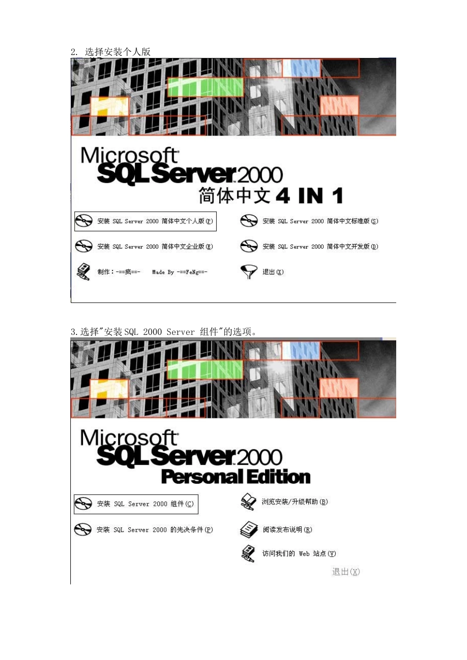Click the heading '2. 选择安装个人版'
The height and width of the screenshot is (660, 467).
pyautogui.click(x=111, y=52)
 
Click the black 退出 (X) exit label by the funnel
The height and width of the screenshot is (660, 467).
pyautogui.click(x=273, y=272)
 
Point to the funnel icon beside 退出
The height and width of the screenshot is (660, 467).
pyautogui.click(x=249, y=272)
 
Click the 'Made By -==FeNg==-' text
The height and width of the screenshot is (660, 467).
pyautogui.click(x=179, y=272)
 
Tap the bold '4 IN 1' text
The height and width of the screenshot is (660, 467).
pyautogui.click(x=309, y=195)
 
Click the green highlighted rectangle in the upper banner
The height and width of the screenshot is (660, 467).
pyautogui.click(x=205, y=87)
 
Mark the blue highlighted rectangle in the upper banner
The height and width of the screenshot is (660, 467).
pyautogui.click(x=301, y=68)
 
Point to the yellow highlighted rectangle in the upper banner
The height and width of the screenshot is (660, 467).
pyautogui.click(x=110, y=107)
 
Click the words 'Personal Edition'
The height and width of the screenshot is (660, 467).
pyautogui.click(x=236, y=477)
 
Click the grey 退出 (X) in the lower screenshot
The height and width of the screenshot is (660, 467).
pyautogui.click(x=346, y=572)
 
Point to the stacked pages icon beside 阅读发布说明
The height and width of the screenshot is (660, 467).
pyautogui.click(x=249, y=529)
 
